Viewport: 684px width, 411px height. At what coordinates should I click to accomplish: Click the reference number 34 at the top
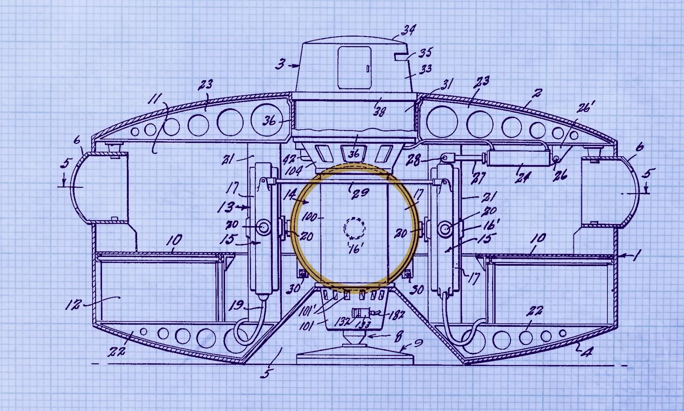coord(408,30)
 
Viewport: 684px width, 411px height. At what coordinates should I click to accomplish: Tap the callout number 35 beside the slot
coord(425,53)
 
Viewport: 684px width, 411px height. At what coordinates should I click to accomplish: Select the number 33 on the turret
coord(425,69)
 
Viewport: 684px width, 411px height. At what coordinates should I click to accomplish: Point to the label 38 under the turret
coord(379,111)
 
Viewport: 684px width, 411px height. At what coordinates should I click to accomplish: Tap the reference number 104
coord(294,170)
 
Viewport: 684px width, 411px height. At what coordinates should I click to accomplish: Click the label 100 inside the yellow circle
coord(309,218)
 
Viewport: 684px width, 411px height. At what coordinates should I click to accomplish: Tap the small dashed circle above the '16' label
coord(354,228)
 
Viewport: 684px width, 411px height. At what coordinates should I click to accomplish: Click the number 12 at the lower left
coord(73,305)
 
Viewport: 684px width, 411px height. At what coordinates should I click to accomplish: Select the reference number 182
coord(396,315)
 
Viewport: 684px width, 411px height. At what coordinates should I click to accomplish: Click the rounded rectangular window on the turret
coord(354,68)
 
